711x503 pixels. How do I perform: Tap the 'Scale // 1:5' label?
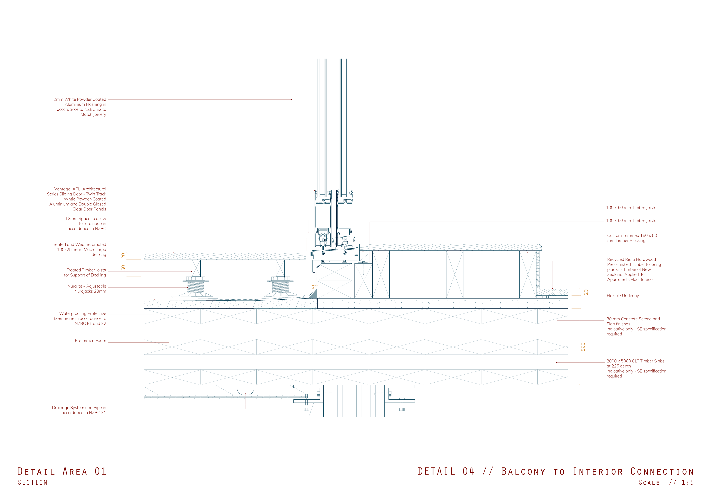coord(666,483)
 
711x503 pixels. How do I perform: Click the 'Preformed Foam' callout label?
coord(90,341)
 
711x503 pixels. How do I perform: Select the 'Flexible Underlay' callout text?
coord(623,296)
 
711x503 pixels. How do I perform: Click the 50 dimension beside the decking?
coord(123,268)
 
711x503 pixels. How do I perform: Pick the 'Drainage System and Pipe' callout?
coord(79,410)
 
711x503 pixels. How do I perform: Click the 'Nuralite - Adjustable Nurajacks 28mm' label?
coord(87,288)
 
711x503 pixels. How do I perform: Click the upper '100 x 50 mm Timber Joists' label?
coord(631,208)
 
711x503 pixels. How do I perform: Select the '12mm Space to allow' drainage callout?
coord(86,223)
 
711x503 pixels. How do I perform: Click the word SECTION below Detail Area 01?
coord(33,483)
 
